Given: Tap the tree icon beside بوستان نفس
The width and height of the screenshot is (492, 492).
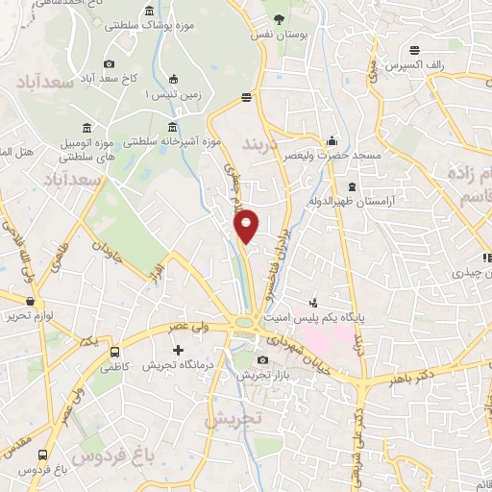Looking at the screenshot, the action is click(279, 18).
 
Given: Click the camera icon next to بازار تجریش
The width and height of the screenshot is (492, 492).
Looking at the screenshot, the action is click(262, 360).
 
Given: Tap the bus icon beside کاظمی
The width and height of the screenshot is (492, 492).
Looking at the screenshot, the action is click(115, 352).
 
